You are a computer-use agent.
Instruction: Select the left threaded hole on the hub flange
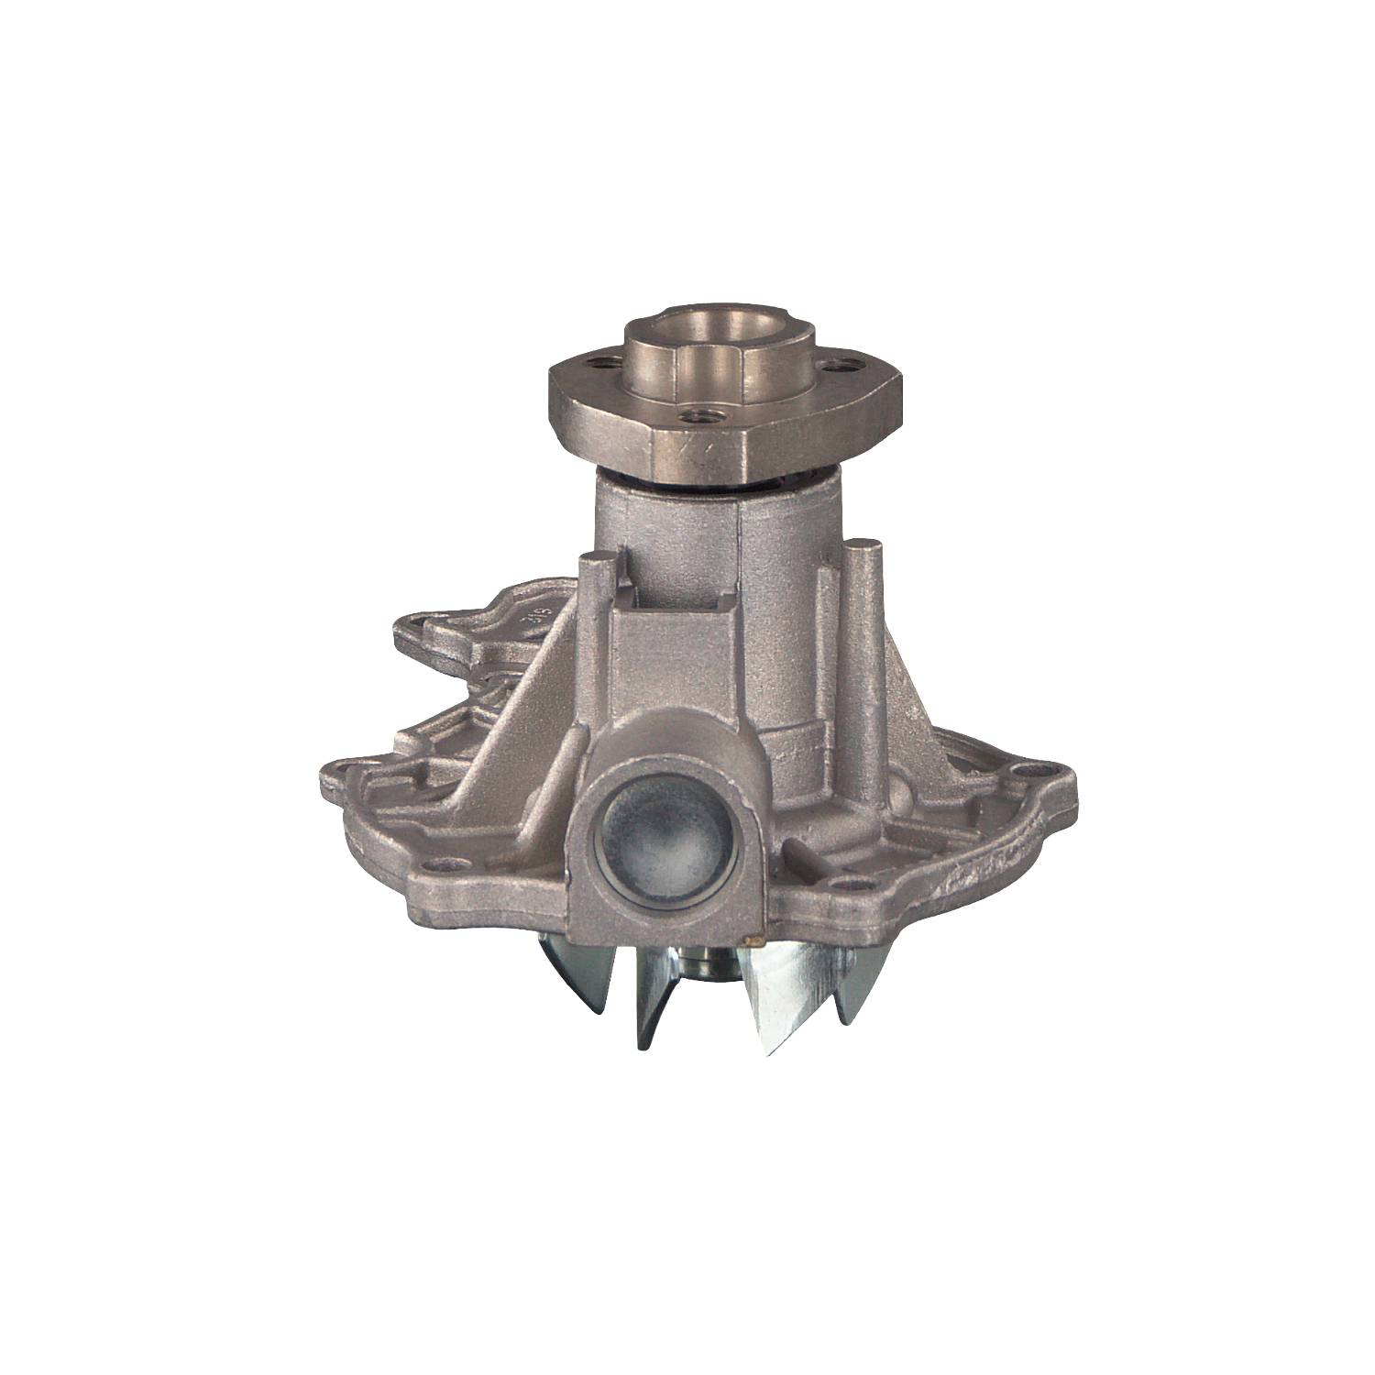point(600,363)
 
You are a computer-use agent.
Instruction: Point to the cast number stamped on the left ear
point(541,615)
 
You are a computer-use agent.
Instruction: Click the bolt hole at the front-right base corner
point(852,885)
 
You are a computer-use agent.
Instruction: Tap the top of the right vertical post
point(864,547)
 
